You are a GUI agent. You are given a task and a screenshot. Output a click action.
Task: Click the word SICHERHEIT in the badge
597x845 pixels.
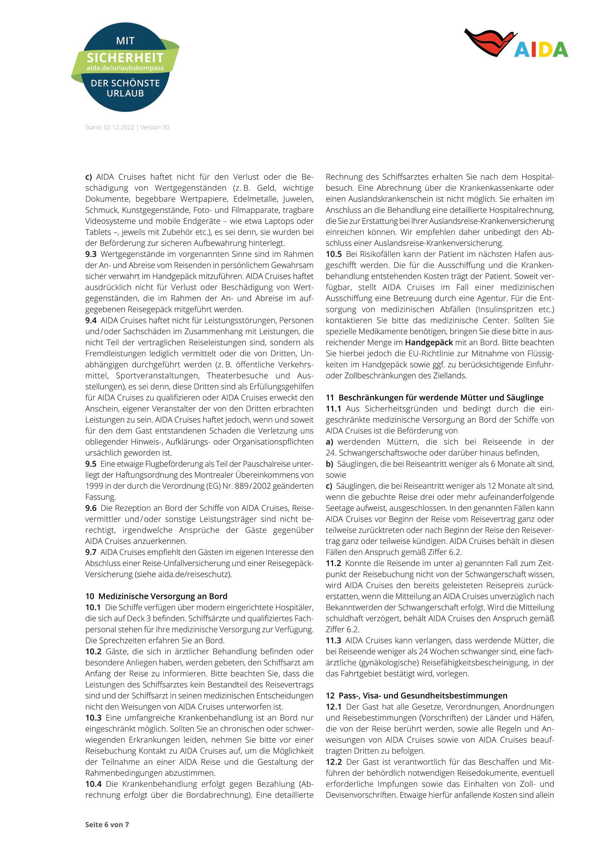(125, 58)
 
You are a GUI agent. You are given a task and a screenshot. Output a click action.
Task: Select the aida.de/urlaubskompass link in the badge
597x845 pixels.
(125, 68)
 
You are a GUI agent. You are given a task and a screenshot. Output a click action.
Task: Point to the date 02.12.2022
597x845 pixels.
(119, 127)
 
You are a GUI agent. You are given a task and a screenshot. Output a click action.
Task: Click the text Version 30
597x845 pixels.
(155, 127)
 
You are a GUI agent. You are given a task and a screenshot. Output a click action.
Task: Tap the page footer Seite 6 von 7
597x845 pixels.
(107, 824)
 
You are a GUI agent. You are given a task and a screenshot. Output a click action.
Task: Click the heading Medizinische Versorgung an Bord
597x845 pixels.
(163, 596)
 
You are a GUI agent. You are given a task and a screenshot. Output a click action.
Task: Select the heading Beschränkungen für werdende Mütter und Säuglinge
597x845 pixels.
(441, 397)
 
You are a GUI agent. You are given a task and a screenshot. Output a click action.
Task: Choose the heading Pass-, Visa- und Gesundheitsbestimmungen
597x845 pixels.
(423, 695)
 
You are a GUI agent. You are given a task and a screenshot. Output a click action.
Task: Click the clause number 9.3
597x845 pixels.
(91, 254)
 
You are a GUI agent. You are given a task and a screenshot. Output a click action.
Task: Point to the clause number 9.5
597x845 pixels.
(91, 464)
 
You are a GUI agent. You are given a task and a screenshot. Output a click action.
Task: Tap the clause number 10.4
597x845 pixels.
(93, 784)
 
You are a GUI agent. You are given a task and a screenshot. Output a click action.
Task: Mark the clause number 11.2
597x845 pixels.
(334, 563)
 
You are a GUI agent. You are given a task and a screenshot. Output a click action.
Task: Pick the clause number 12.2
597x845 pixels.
(334, 762)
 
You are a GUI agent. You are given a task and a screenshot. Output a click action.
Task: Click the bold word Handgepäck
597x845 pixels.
(429, 342)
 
